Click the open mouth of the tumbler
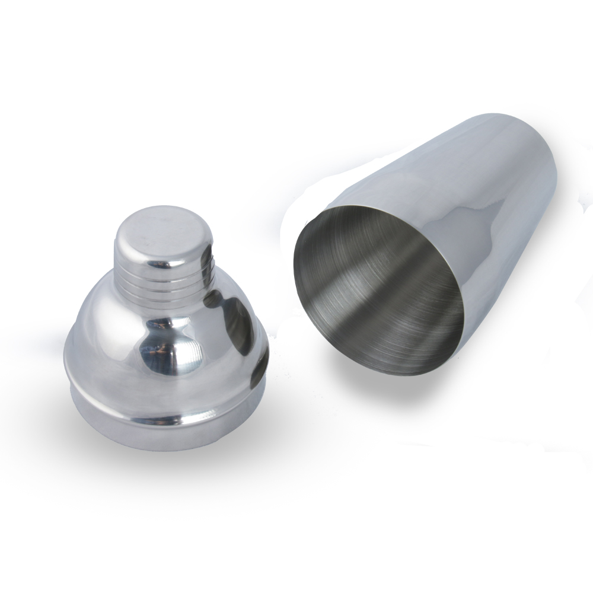click(380, 291)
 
